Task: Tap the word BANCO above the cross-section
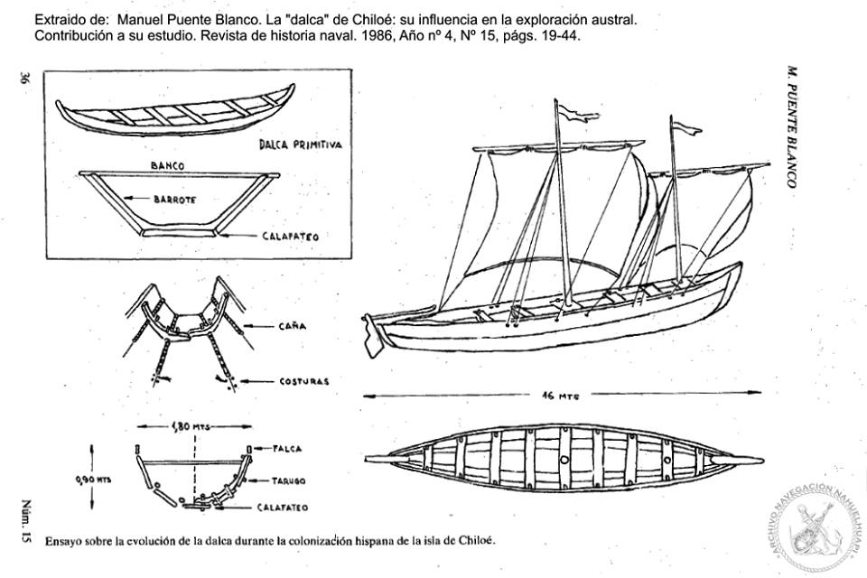(168, 166)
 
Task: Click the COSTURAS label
(303, 381)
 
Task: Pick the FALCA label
(289, 448)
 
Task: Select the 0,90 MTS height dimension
(93, 480)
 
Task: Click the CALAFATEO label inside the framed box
(290, 237)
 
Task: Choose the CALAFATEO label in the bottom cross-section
(284, 508)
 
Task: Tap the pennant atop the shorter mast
(687, 128)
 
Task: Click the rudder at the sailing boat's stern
(370, 334)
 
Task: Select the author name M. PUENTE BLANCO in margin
(791, 126)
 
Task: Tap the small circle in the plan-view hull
(564, 460)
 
